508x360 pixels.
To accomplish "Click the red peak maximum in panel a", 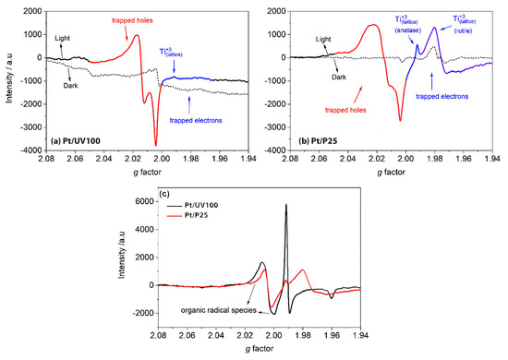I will pos(137,36).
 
